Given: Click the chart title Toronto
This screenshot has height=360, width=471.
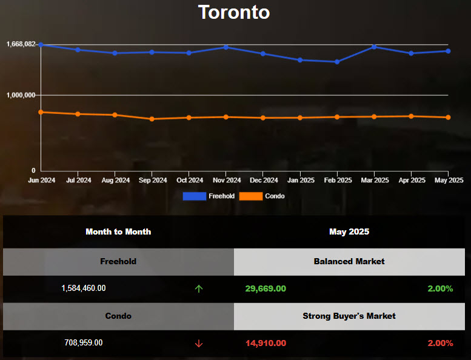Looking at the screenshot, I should click(234, 12).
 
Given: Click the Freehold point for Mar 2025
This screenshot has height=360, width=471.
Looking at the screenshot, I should click(375, 47).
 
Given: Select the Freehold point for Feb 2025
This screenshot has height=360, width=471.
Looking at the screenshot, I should click(338, 62).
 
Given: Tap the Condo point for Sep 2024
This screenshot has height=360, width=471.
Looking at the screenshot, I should click(152, 119).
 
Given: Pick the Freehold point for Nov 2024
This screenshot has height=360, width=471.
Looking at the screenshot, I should click(226, 47).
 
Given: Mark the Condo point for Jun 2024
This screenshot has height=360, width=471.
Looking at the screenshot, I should click(41, 112).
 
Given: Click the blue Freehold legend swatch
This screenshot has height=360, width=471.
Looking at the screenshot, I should click(194, 196).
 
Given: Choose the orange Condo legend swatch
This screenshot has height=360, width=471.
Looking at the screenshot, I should click(251, 196).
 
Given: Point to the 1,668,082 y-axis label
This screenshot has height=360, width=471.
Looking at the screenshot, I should click(21, 44).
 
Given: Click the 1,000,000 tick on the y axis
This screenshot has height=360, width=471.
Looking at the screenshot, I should click(21, 95).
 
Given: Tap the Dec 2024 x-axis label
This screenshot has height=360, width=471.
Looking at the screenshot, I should click(264, 180).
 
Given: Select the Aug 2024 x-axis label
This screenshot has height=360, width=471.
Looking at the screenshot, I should click(115, 180).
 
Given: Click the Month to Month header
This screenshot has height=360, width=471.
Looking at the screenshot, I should click(118, 232).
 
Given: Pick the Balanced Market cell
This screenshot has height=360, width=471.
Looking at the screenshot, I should click(349, 261).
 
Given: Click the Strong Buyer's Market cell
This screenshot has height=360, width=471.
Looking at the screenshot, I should click(349, 316).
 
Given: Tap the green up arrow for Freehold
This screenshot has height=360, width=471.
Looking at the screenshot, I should click(199, 288).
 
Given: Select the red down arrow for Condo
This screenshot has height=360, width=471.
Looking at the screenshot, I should click(199, 343).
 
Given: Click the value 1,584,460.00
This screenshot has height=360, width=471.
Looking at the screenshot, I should click(84, 288).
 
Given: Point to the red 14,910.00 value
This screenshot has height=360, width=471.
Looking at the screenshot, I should click(266, 343).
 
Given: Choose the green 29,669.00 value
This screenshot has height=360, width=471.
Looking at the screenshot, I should click(266, 288).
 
